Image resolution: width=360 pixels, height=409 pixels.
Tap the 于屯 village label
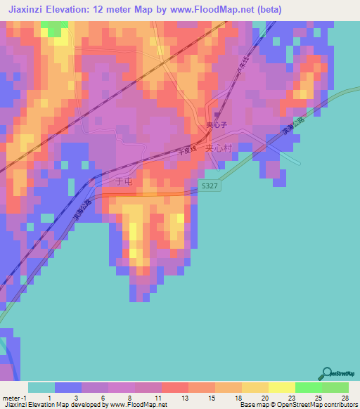pos(123,181)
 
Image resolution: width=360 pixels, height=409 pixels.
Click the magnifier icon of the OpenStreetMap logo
pos(328,372)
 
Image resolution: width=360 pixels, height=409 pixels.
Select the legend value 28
pos(344,398)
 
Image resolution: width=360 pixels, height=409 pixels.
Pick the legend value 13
pos(184,398)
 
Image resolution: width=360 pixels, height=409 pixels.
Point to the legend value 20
pos(264,398)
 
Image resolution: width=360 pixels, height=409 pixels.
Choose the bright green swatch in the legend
pos(308,387)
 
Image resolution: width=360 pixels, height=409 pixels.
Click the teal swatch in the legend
pos(41,387)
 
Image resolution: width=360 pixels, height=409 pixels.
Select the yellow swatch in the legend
pos(281,387)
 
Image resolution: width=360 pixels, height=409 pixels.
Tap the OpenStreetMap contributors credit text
pos(320,405)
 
